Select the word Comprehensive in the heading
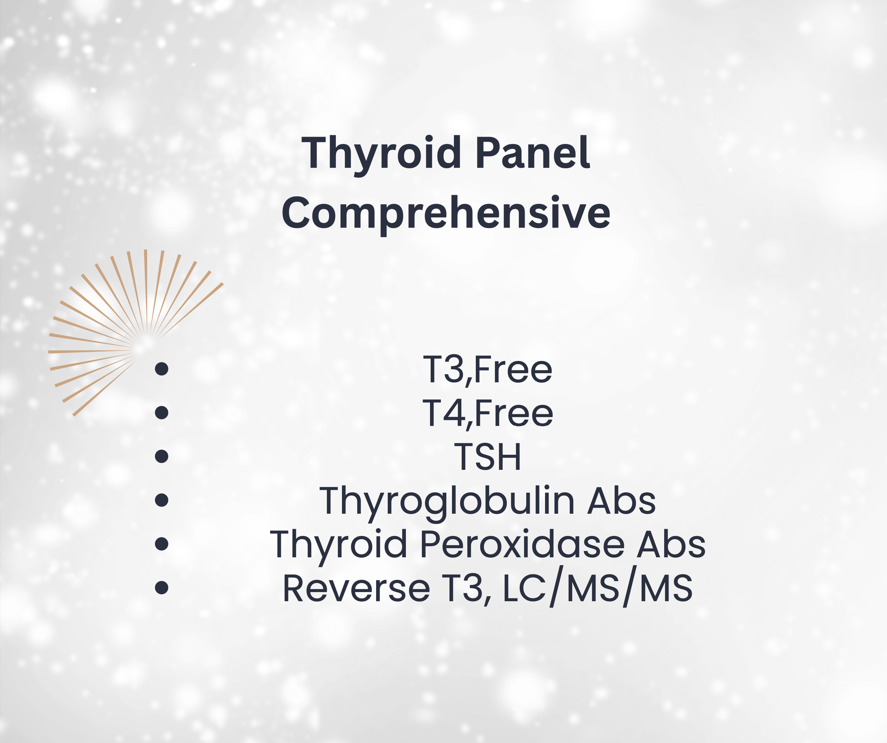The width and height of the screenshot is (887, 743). point(446,213)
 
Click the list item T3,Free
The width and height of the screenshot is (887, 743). point(487,370)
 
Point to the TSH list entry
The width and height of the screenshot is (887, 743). point(487,457)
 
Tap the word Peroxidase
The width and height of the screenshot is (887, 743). point(522,544)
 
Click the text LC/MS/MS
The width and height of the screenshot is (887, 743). point(598,588)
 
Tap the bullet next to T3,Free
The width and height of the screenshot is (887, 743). point(161,369)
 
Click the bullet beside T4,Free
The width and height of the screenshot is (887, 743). point(161,413)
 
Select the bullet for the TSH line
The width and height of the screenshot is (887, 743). point(161,457)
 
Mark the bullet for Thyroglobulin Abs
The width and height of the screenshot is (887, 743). point(161,500)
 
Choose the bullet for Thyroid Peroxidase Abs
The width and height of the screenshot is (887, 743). point(161,543)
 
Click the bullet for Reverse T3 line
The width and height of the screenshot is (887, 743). point(161,588)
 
